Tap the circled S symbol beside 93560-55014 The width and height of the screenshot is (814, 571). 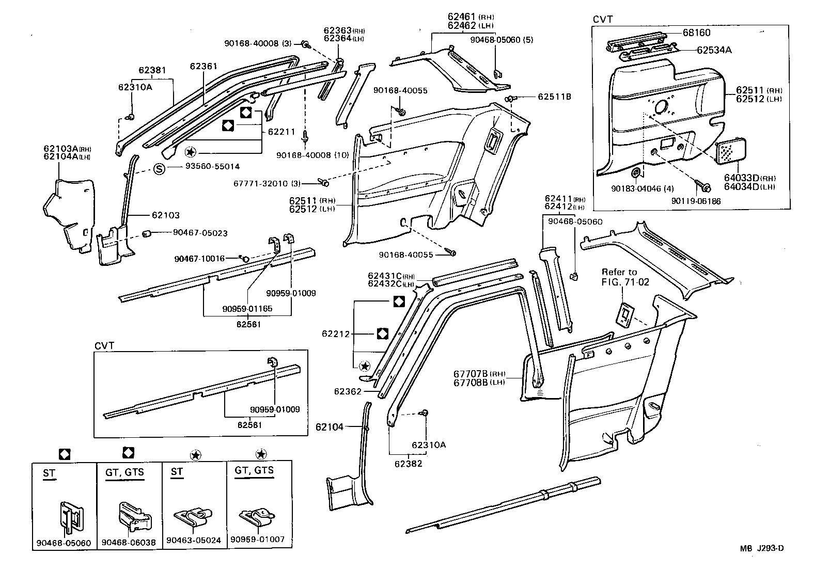point(160,169)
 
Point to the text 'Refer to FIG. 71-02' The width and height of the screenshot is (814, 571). point(625,277)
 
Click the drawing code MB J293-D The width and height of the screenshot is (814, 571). point(763,548)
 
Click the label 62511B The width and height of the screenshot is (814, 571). point(555,96)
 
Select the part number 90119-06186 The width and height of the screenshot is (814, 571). point(696,201)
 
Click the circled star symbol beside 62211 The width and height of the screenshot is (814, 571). point(191,152)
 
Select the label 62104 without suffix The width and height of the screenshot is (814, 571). point(329,427)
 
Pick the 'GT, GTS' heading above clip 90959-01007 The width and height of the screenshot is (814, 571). point(254,470)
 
